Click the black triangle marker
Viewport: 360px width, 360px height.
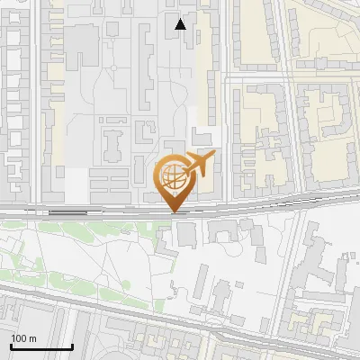point(181,24)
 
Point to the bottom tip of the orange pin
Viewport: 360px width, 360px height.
point(173,212)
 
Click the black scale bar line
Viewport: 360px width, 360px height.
point(41,347)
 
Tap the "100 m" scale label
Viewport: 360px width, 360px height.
point(23,338)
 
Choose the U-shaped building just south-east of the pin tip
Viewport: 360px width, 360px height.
point(220,232)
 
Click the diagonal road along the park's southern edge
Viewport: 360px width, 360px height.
point(90,302)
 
